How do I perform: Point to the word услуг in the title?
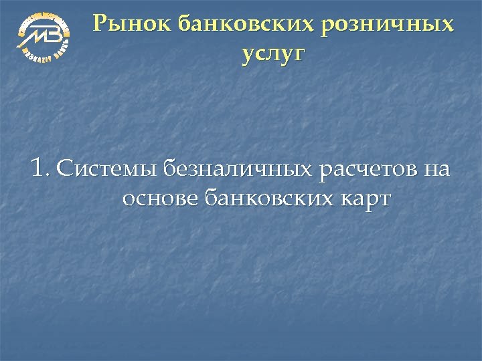pos(272,53)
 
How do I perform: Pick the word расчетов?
pos(368,170)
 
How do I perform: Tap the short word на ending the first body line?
pos(436,170)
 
